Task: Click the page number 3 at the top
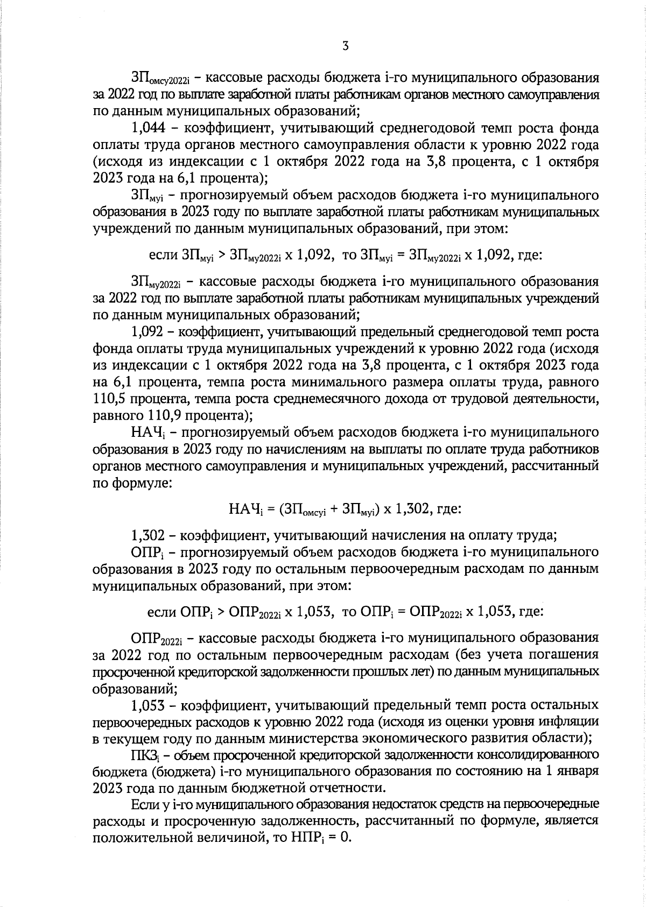tap(345, 46)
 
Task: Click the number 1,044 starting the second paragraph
tap(149, 129)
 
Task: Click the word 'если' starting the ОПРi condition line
tap(162, 612)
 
